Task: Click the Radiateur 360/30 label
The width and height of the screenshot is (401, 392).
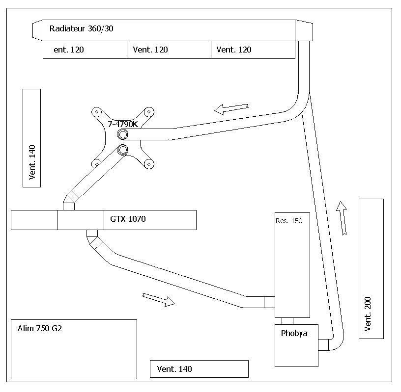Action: [x=81, y=28]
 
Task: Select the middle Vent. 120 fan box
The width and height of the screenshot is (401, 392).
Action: [x=169, y=50]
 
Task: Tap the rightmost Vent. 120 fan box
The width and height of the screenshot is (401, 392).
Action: [x=253, y=50]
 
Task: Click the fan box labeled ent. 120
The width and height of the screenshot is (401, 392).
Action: [x=85, y=50]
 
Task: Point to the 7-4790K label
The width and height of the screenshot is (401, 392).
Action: [x=123, y=124]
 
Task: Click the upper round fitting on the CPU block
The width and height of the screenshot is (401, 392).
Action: [x=123, y=134]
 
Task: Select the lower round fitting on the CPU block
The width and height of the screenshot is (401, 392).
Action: [x=122, y=150]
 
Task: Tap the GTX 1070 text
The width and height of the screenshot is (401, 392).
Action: [x=128, y=219]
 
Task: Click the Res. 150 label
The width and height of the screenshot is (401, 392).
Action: [x=289, y=221]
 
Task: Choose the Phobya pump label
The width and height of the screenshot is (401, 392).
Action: [x=294, y=333]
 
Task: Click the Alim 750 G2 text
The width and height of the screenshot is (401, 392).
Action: [x=40, y=328]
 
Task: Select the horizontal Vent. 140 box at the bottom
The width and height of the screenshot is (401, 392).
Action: [x=199, y=369]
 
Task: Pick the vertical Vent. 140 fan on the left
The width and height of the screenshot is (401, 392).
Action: [x=32, y=138]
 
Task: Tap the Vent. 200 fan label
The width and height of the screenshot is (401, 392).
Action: [x=368, y=314]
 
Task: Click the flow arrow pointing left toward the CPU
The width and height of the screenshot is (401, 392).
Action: [x=231, y=109]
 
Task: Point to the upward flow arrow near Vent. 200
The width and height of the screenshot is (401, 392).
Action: [x=342, y=218]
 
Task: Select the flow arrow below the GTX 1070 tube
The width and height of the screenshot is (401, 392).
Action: [x=158, y=300]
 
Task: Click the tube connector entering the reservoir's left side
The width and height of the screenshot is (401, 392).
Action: [x=269, y=302]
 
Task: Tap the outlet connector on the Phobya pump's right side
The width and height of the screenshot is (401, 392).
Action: [x=323, y=345]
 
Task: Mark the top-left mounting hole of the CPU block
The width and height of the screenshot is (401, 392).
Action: [x=97, y=112]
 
